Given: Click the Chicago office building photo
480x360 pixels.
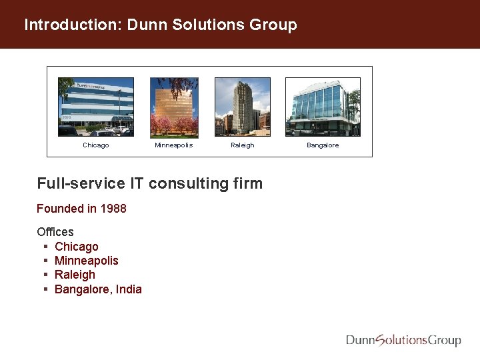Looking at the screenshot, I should (95, 107).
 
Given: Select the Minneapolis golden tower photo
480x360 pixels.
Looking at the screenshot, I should (173, 107).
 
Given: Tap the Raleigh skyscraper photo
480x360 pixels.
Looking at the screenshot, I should (242, 107).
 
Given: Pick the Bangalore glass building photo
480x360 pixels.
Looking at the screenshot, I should (323, 107).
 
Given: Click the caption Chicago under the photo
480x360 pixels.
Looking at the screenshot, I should (95, 145).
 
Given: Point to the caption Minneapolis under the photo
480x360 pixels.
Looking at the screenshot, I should (173, 145).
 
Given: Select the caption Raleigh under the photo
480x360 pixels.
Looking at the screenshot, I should (242, 145).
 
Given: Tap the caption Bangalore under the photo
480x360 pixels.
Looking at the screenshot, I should (323, 145).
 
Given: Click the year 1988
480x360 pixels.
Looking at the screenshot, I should (113, 209).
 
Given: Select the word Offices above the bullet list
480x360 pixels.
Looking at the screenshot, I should (55, 232).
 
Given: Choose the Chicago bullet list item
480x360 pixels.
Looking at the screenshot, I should (76, 247).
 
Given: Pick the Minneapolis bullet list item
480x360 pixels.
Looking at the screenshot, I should (86, 261).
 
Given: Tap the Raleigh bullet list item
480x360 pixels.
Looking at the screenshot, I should (75, 275).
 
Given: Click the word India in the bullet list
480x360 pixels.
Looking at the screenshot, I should (129, 289).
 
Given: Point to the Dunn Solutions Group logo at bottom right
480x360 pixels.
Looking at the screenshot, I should (403, 340).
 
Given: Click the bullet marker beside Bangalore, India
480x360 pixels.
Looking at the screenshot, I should (45, 289).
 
